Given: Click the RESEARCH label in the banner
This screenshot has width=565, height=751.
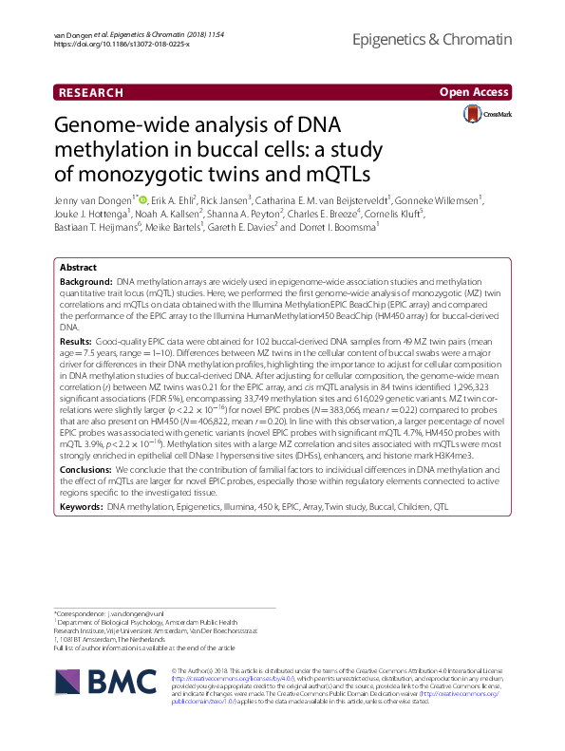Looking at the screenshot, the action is pos(91,93).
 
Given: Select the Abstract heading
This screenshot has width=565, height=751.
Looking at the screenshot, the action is pos(78,269).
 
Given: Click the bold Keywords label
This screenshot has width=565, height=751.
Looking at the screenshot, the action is pos(82,508).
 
